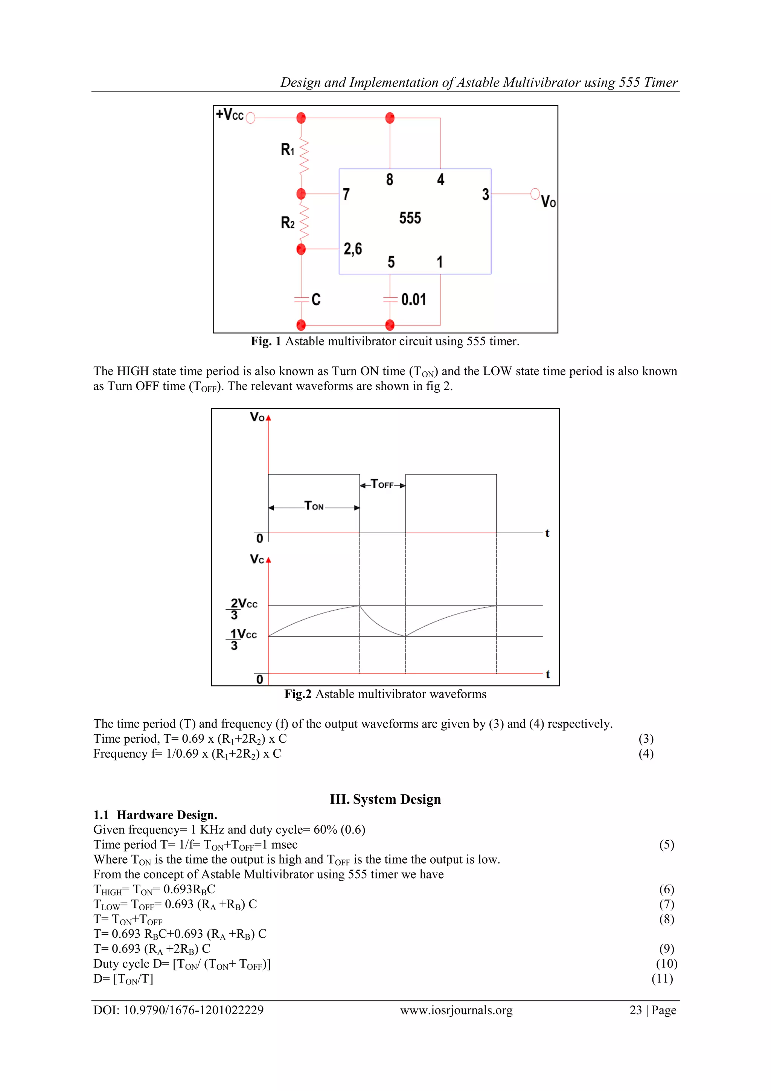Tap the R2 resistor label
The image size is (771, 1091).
coord(287,223)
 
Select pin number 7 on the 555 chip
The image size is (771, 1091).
coord(346,194)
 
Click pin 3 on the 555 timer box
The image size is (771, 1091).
coord(485,194)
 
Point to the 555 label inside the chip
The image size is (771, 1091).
coord(410,218)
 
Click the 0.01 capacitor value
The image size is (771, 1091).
coord(413,299)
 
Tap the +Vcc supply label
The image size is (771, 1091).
coord(230,114)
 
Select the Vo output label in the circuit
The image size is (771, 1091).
coord(548,201)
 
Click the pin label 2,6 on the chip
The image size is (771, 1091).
coord(352,249)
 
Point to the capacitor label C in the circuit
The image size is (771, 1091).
coord(316,299)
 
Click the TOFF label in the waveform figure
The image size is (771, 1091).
coord(382,484)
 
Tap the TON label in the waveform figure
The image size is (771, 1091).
coord(314,506)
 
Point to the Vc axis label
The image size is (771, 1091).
coord(257,559)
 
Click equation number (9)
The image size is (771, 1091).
coord(666,948)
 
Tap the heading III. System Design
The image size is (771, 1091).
coord(385,799)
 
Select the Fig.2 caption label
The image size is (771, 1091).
coord(297,694)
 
